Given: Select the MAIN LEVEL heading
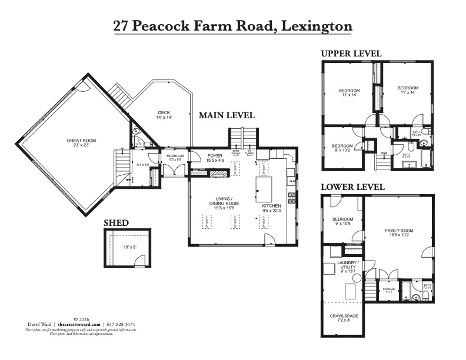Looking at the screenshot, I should [227, 115].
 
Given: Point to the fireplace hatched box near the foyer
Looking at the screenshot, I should [218, 174].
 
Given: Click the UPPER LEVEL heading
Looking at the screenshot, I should [351, 54].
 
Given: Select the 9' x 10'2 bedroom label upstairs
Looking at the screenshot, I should [342, 148].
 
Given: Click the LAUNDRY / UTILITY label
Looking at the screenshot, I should [347, 265].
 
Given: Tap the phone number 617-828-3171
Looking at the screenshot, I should [122, 324].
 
